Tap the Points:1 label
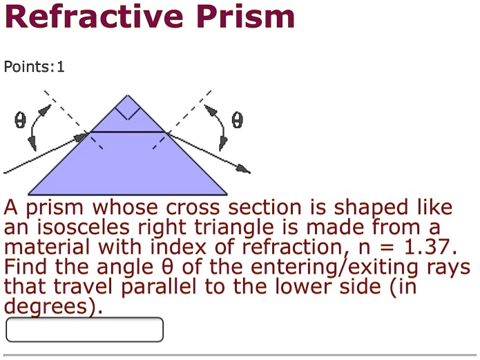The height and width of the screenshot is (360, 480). pos(34,67)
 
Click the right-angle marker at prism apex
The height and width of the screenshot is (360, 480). pos(128,107)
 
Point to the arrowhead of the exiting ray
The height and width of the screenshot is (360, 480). pos(244,170)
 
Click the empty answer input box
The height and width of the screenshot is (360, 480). pos(84,330)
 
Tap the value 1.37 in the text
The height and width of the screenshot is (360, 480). pos(430,247)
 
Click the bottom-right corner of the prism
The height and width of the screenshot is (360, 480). pos(227,194)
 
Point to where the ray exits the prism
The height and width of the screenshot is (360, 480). pos(166,132)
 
